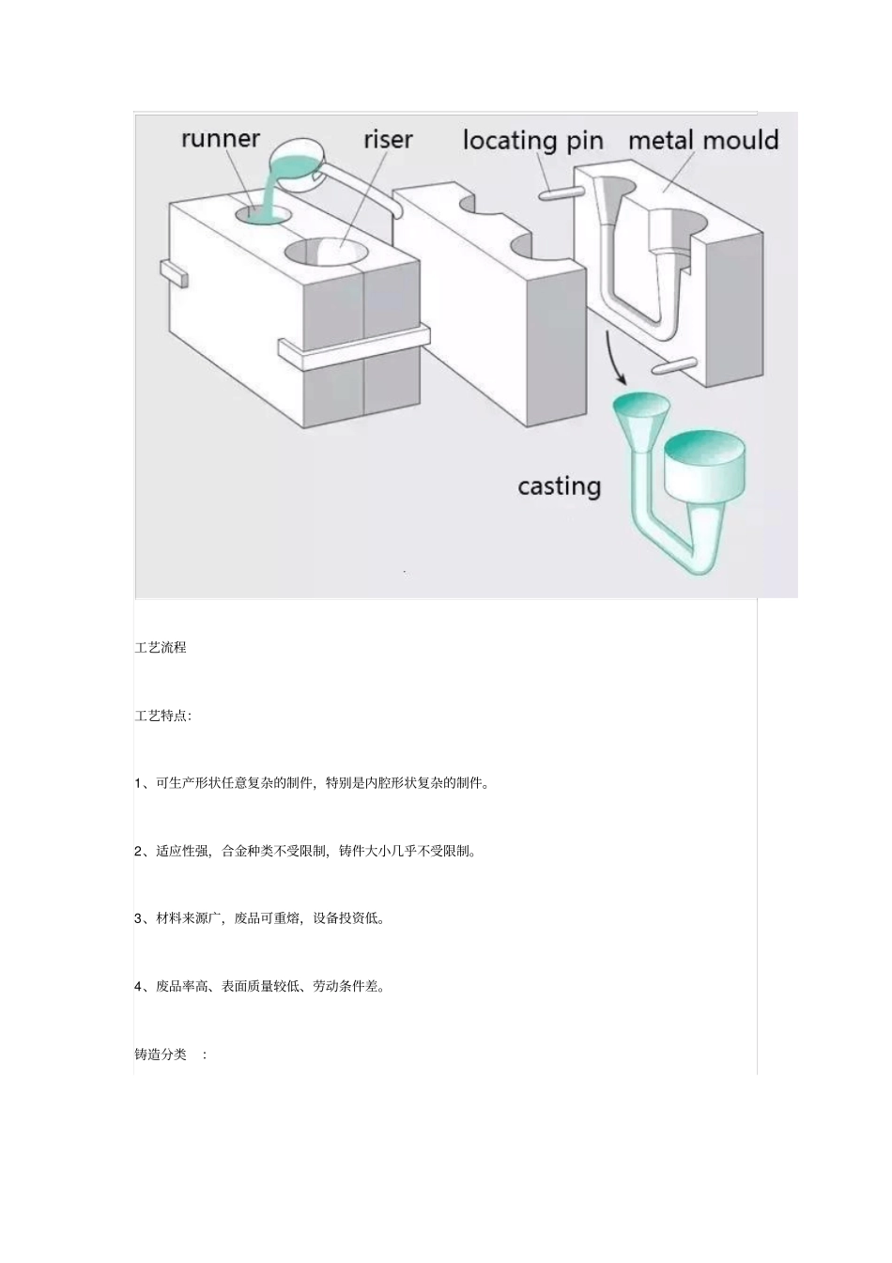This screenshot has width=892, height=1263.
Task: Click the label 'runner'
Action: (221, 139)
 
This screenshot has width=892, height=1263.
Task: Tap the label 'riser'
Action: (388, 140)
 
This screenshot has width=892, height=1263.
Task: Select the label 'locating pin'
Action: (532, 141)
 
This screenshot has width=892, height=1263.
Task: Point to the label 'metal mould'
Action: (703, 141)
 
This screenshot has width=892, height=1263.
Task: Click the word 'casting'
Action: (559, 486)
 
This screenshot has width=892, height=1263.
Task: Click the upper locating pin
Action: (559, 194)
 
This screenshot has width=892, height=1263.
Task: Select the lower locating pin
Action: (673, 364)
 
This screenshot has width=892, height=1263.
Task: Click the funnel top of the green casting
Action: (641, 408)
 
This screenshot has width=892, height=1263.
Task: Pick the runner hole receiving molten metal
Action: (261, 214)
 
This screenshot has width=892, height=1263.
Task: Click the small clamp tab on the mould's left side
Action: (174, 273)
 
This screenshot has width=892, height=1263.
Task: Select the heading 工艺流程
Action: (161, 647)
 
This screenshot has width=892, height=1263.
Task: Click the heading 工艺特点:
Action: (163, 716)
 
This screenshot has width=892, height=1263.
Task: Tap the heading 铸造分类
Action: (161, 1055)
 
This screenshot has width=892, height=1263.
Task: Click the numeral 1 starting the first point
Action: (138, 783)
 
